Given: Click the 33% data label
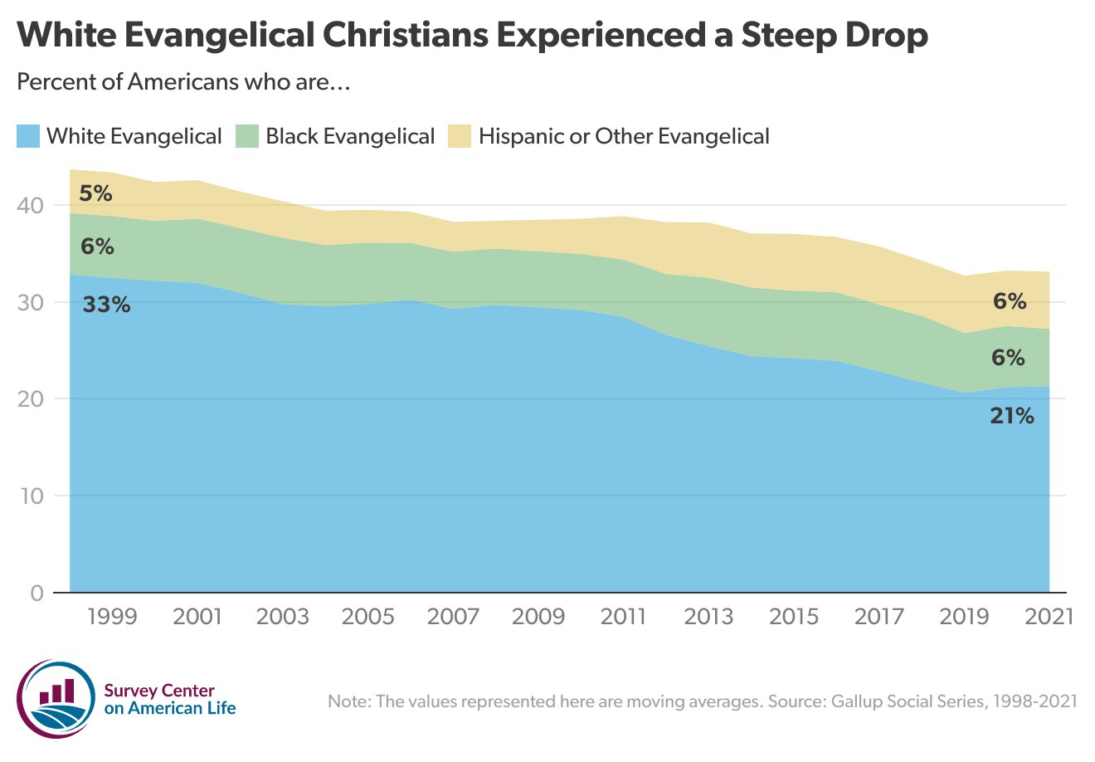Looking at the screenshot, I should pyautogui.click(x=106, y=305).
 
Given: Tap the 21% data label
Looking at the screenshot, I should pyautogui.click(x=1011, y=416).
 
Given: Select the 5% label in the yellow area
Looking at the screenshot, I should pyautogui.click(x=95, y=193).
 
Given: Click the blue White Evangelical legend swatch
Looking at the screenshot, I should pyautogui.click(x=28, y=136).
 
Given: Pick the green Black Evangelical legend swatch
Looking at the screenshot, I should pyautogui.click(x=247, y=136).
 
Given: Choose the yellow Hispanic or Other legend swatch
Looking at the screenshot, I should pyautogui.click(x=460, y=136).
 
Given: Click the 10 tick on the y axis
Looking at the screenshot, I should pyautogui.click(x=32, y=496).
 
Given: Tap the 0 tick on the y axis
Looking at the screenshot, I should pyautogui.click(x=37, y=593).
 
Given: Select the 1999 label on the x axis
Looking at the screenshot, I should pyautogui.click(x=112, y=617).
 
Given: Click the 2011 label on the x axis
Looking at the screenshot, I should pyautogui.click(x=623, y=617).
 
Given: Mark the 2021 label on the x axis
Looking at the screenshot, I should pyautogui.click(x=1048, y=617).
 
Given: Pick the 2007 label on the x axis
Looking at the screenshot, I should pyautogui.click(x=453, y=617).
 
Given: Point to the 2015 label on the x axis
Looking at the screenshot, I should pyautogui.click(x=793, y=617).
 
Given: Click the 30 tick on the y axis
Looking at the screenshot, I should pyautogui.click(x=32, y=302).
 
